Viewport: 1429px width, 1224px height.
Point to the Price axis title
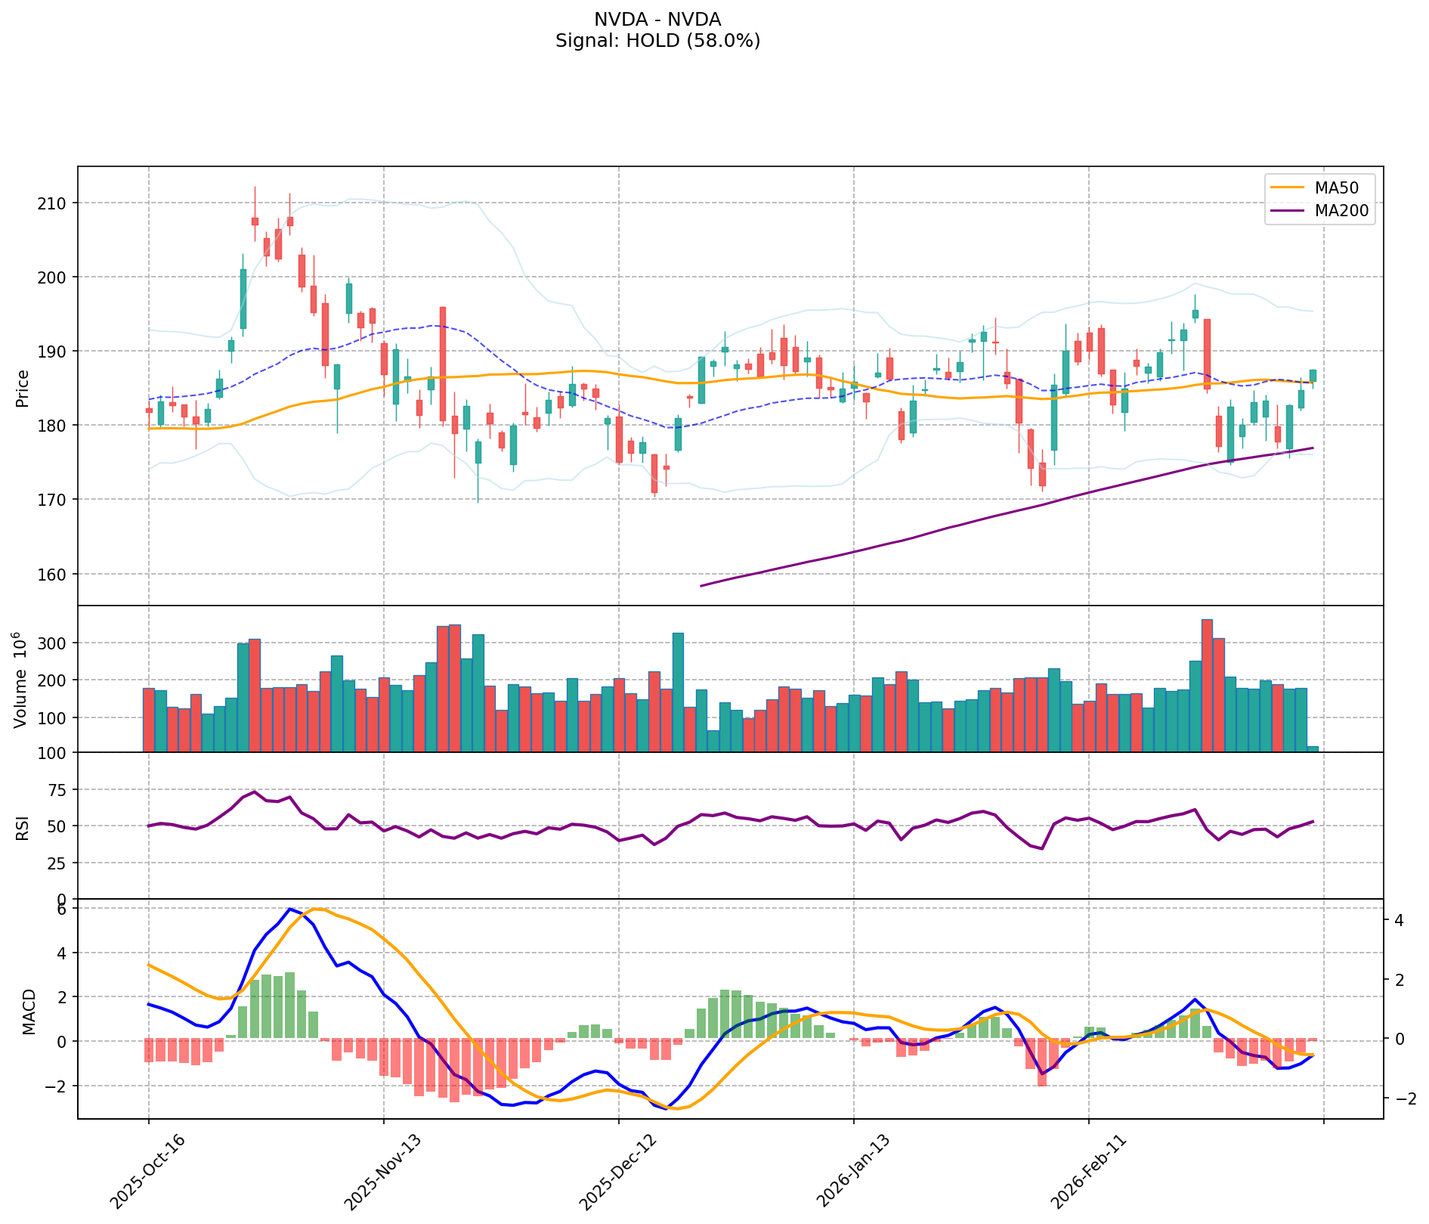click(22, 388)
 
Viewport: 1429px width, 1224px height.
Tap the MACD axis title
click(29, 1012)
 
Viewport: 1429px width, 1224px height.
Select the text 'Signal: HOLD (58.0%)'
click(657, 41)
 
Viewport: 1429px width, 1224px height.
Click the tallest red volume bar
click(1207, 685)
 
